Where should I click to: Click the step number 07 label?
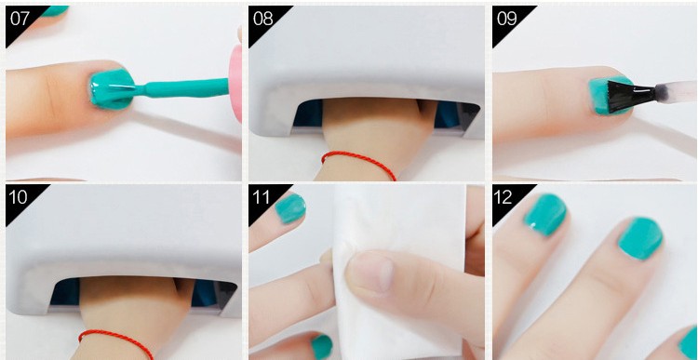point(20,19)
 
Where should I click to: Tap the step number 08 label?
point(262,19)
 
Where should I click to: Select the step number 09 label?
point(506,19)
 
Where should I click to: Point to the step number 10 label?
point(19,197)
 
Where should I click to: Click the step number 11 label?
point(262,197)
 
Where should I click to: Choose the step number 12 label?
point(503,197)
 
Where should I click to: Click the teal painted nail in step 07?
point(113,89)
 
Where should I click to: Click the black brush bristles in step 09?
point(630,96)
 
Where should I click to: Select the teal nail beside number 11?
point(290,208)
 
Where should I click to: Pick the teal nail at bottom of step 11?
point(321,347)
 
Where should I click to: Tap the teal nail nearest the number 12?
point(544,215)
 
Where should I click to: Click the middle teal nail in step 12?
point(640,238)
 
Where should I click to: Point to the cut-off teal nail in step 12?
point(689,343)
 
